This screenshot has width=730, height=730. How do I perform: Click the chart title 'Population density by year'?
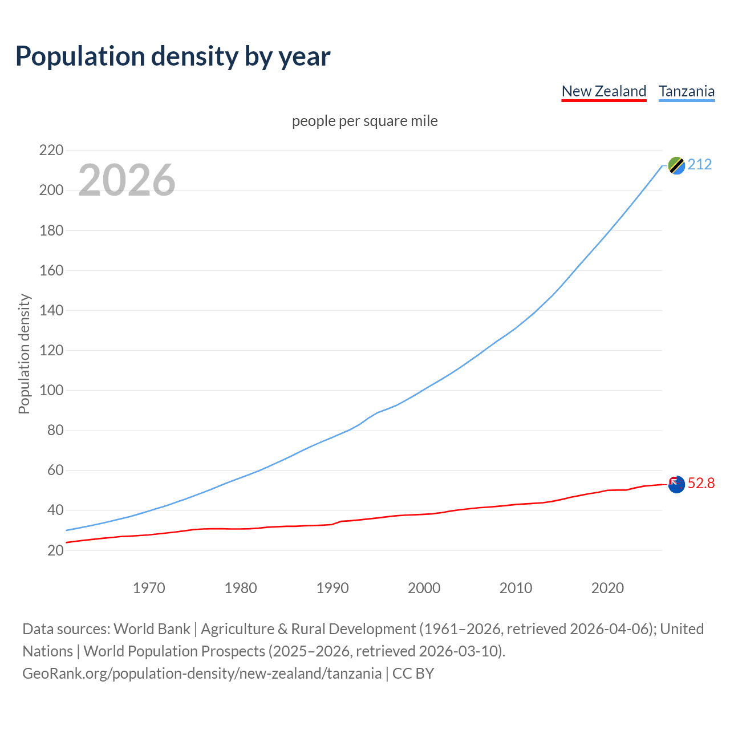(x=173, y=56)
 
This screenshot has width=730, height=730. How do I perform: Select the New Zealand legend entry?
(x=603, y=91)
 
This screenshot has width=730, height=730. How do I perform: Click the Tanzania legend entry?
(x=686, y=91)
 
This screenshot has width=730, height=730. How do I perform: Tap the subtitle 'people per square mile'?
(x=364, y=121)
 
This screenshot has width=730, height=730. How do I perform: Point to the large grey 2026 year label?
(x=127, y=180)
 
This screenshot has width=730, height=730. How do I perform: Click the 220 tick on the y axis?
(x=51, y=151)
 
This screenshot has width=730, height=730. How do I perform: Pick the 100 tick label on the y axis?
(x=51, y=391)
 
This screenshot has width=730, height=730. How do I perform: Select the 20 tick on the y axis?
(x=55, y=550)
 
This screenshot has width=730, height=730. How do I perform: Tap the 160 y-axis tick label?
(x=51, y=270)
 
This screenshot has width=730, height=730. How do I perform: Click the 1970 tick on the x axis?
(x=149, y=588)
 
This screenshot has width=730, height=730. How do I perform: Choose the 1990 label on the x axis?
(x=332, y=588)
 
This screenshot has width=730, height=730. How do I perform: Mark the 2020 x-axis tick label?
(x=607, y=588)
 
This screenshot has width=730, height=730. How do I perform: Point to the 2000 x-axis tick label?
(x=424, y=588)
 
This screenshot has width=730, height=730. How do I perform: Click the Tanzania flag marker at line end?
(x=676, y=165)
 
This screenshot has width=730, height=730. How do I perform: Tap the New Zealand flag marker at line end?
(x=676, y=484)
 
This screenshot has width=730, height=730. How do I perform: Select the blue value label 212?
(x=700, y=165)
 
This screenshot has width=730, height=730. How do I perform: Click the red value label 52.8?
(x=701, y=484)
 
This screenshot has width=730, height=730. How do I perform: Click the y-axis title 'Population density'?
(x=24, y=354)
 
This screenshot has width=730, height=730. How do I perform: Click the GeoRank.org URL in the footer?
(x=202, y=674)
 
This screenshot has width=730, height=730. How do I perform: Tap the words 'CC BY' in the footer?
(x=413, y=674)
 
